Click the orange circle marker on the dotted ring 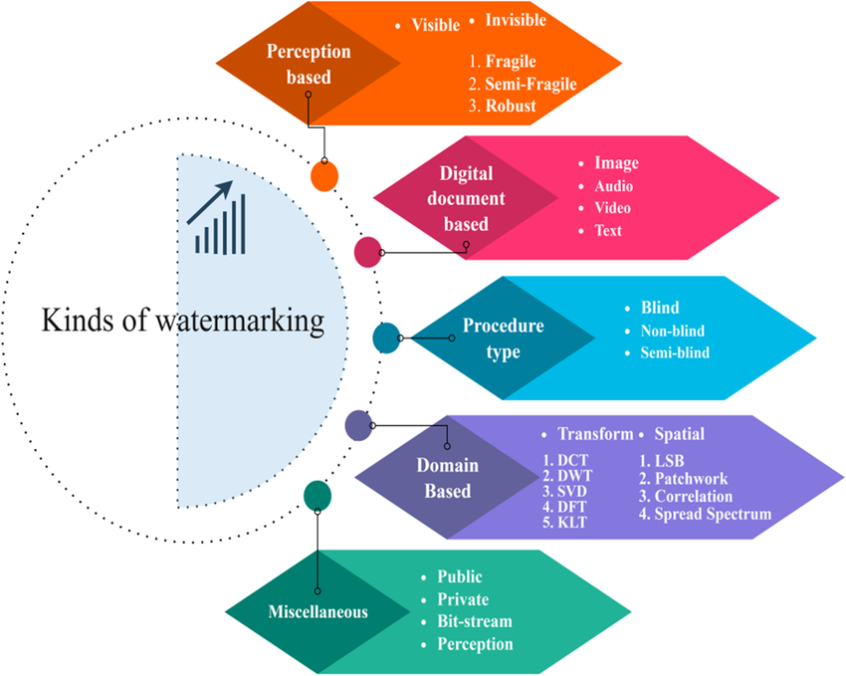[x=324, y=175]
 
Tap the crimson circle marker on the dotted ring [x=368, y=252]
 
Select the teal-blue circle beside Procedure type [x=385, y=338]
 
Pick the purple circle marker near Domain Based [x=357, y=425]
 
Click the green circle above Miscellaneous [x=317, y=494]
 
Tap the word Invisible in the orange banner [x=516, y=19]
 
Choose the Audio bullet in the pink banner [x=614, y=185]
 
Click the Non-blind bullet [x=667, y=331]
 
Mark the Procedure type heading [x=503, y=338]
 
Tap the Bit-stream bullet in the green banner [x=475, y=620]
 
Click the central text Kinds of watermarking [x=182, y=321]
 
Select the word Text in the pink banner [x=608, y=230]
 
